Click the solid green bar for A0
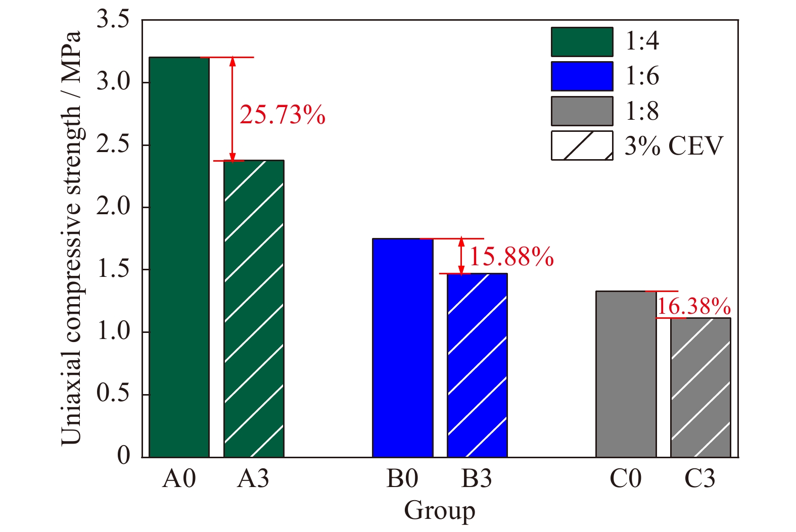point(179,257)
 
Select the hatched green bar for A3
point(254,309)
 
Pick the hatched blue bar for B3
point(477,365)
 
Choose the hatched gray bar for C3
point(700,388)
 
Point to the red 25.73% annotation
point(282,115)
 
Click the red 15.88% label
point(511,257)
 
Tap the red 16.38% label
point(693,306)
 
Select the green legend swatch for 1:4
point(582,42)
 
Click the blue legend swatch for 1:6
point(582,76)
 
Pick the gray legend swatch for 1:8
point(582,111)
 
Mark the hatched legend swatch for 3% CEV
point(582,146)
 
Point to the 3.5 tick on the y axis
point(113,20)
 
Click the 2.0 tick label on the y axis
point(113,207)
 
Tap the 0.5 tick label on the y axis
point(113,394)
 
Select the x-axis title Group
point(439,510)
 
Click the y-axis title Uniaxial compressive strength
point(71,237)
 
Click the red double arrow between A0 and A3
point(232,109)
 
